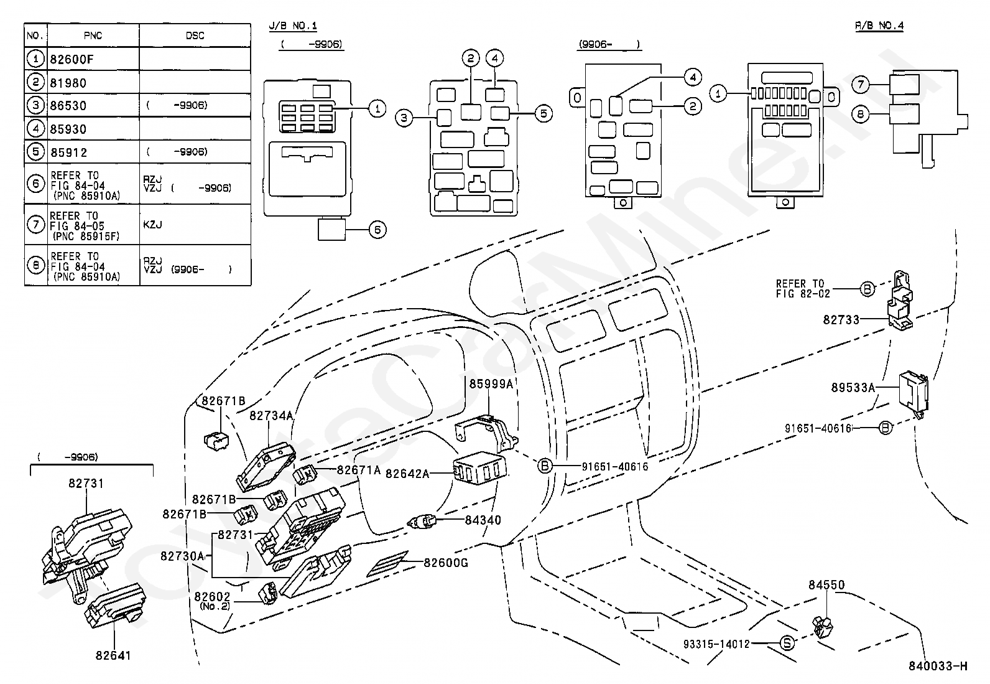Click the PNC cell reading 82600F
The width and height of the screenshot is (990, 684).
pyautogui.click(x=72, y=60)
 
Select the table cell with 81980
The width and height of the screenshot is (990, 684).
pyautogui.click(x=68, y=83)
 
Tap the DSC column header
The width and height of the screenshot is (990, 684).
pyautogui.click(x=195, y=35)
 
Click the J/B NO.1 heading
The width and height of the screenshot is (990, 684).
pyautogui.click(x=293, y=26)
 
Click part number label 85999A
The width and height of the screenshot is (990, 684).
pyautogui.click(x=491, y=384)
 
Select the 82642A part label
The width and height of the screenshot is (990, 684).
pyautogui.click(x=407, y=474)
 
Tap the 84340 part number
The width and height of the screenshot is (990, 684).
pyautogui.click(x=483, y=520)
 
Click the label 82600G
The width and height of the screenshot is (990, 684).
pyautogui.click(x=446, y=563)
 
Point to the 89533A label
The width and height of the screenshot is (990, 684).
pyautogui.click(x=853, y=387)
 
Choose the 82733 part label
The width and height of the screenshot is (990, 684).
pyautogui.click(x=841, y=319)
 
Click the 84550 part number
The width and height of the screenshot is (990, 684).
pyautogui.click(x=826, y=585)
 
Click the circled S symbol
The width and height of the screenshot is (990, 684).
pyautogui.click(x=787, y=644)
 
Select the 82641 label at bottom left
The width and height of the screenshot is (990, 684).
pyautogui.click(x=114, y=655)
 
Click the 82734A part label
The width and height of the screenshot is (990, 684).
pyautogui.click(x=271, y=415)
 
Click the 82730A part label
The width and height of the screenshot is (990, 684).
pyautogui.click(x=182, y=556)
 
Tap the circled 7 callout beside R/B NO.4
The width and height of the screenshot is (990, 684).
pyautogui.click(x=859, y=84)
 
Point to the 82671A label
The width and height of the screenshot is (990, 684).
pyautogui.click(x=359, y=471)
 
